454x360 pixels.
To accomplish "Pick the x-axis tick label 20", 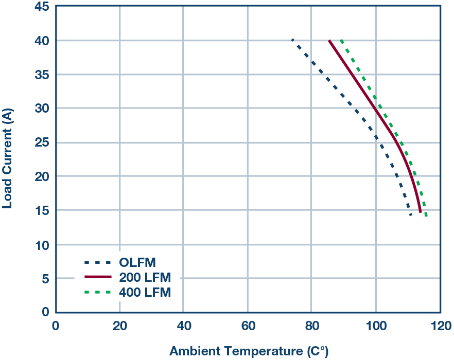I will pos(119,326).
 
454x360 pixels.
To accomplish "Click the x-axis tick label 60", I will pos(248,326).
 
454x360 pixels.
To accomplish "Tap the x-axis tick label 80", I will pos(311,326).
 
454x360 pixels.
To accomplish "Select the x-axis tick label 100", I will pos(375,326).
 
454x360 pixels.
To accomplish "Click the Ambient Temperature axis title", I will pos(249,352).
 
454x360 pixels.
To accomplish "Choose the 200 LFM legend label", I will pos(145,277).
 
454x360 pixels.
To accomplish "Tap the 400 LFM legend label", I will pos(145,292).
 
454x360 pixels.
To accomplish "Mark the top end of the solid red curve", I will pos(329,40).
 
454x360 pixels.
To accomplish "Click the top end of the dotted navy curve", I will pos(292,40).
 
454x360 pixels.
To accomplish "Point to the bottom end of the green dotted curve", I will pos(426,216).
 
